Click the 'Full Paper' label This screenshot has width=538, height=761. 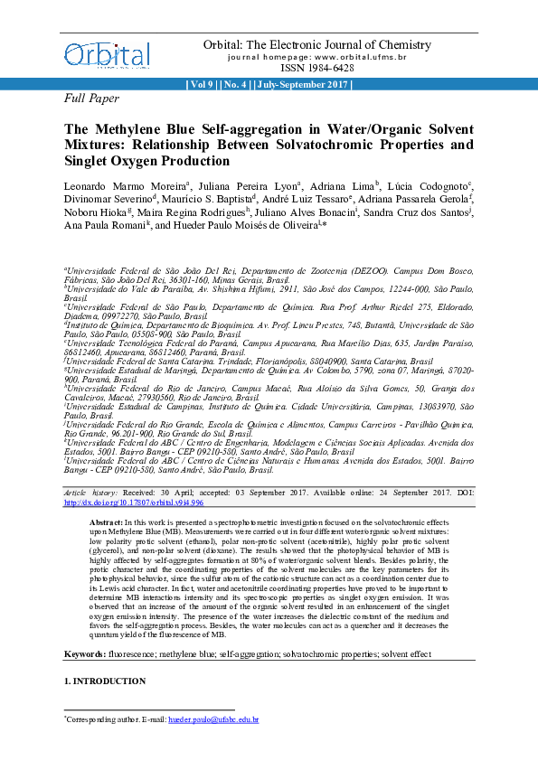click(90, 98)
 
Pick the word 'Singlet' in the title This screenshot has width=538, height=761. click(89, 161)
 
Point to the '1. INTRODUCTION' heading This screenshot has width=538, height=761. click(105, 680)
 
